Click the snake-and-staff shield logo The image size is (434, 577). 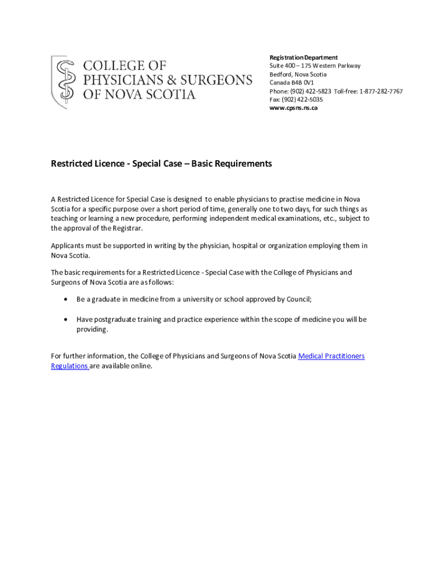(x=64, y=81)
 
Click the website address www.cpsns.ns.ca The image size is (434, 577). (x=293, y=108)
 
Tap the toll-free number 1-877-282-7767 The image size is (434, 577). (x=380, y=91)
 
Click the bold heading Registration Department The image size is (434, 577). (x=303, y=57)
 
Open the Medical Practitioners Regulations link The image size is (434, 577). (x=331, y=356)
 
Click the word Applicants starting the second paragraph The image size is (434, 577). (x=68, y=246)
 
